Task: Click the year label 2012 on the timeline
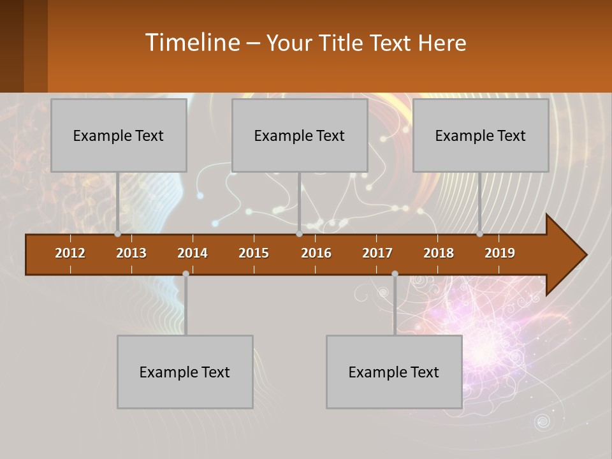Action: [70, 253]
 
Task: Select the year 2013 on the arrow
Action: [131, 253]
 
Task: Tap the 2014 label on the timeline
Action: [193, 253]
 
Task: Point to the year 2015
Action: [254, 253]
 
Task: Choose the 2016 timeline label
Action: [316, 253]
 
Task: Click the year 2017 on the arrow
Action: [377, 253]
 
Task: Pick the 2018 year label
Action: [439, 253]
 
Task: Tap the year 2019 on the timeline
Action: [500, 253]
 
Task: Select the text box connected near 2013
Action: [119, 136]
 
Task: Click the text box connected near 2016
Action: [300, 136]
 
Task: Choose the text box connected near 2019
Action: [481, 136]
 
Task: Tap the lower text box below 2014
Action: [185, 372]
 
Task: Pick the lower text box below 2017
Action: [394, 372]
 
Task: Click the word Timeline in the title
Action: [192, 43]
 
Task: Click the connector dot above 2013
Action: [118, 234]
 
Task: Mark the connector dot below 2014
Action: [186, 274]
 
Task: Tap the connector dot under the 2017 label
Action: [395, 274]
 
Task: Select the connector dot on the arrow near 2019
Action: [480, 234]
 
